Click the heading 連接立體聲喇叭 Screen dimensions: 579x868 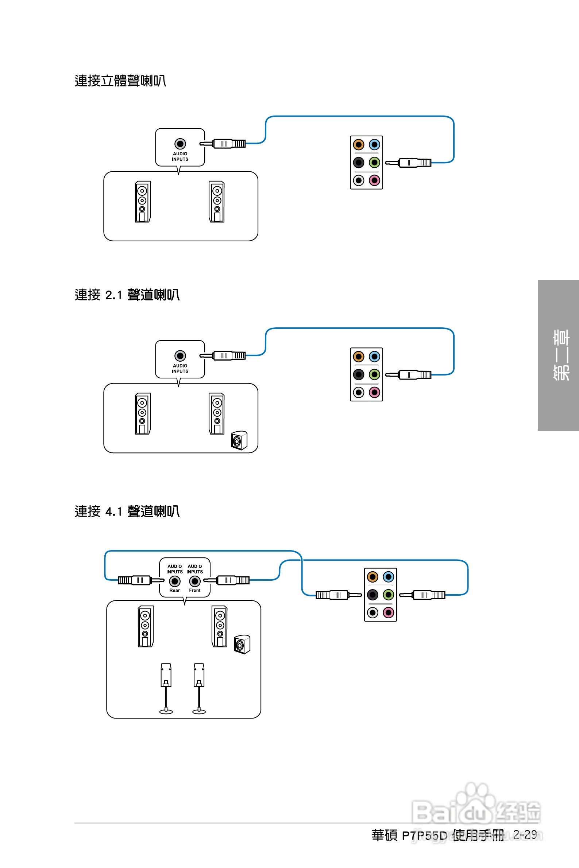[120, 81]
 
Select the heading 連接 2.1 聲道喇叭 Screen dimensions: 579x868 [127, 295]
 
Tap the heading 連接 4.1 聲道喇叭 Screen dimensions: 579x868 [127, 511]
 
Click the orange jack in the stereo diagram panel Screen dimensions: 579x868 [359, 145]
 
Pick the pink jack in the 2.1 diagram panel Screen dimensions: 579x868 [374, 392]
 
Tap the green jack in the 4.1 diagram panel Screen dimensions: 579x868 [389, 594]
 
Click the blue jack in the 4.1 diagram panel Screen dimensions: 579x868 [389, 577]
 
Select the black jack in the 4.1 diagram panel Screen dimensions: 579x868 [373, 594]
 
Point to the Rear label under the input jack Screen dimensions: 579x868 [175, 590]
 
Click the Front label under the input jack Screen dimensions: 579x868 [194, 590]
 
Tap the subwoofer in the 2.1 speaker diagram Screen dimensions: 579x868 [239, 440]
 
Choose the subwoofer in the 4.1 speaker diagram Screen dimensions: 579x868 [242, 645]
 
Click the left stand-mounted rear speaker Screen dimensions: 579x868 [166, 689]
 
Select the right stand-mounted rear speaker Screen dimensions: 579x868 [199, 689]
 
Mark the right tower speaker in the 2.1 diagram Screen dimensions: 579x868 [217, 413]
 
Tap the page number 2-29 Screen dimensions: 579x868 [525, 834]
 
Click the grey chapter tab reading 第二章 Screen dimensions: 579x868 [558, 355]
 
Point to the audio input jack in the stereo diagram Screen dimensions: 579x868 [180, 144]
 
